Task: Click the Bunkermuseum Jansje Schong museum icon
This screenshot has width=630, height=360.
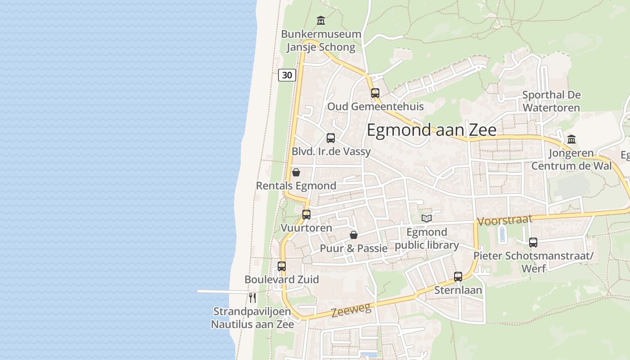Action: click(320, 20)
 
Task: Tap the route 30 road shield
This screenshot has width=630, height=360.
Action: click(287, 75)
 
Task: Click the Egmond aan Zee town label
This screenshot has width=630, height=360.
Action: click(432, 130)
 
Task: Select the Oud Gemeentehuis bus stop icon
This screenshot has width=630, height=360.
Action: click(375, 93)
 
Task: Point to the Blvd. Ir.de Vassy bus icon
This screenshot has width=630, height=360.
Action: click(331, 138)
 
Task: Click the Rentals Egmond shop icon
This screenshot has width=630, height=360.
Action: click(296, 172)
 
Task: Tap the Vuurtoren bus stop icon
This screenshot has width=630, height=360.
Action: click(306, 214)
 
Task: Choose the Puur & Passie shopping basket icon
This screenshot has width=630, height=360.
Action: click(354, 235)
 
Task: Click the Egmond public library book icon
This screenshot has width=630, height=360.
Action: click(426, 218)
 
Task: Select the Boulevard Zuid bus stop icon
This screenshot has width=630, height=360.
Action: click(282, 266)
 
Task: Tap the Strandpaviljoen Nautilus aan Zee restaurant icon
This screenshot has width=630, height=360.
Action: click(252, 297)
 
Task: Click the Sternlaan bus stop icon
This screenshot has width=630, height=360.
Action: click(458, 276)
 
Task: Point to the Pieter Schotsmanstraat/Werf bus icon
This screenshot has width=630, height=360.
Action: click(533, 242)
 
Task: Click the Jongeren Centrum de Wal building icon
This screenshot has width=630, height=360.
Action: click(571, 139)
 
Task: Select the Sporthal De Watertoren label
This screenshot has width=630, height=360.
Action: click(551, 101)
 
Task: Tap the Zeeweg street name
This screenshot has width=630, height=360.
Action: click(351, 310)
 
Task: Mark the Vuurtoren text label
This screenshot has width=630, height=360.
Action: click(306, 228)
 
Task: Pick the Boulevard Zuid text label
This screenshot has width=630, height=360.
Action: click(282, 279)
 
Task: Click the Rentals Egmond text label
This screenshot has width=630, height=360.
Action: click(296, 186)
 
